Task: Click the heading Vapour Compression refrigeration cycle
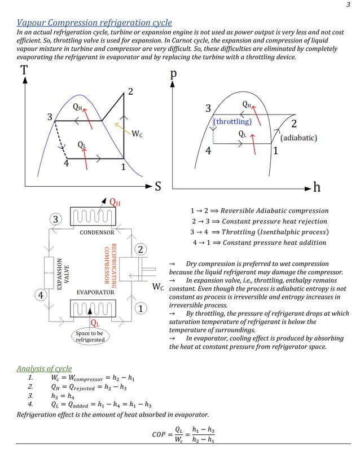94,23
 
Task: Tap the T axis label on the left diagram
24,71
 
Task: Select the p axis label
173,75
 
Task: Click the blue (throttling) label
232,121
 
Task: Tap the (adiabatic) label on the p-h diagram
298,137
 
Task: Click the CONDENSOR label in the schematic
96,232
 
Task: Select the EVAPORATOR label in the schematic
96,292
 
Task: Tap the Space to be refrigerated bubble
89,336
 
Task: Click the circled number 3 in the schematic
56,219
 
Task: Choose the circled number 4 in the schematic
41,295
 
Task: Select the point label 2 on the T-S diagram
130,92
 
